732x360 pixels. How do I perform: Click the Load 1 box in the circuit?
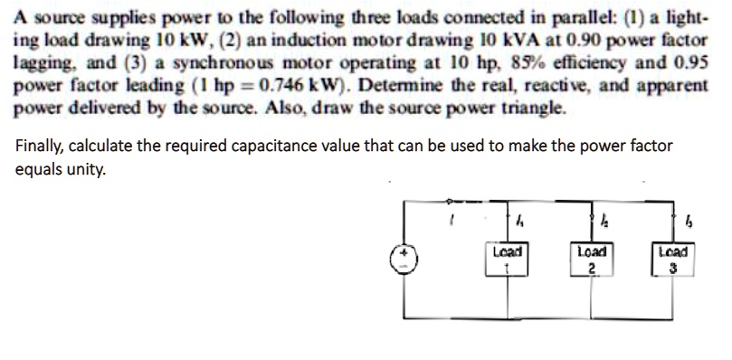pyautogui.click(x=508, y=260)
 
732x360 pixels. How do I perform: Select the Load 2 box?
pyautogui.click(x=589, y=260)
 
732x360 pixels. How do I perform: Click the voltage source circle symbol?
pyautogui.click(x=404, y=261)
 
